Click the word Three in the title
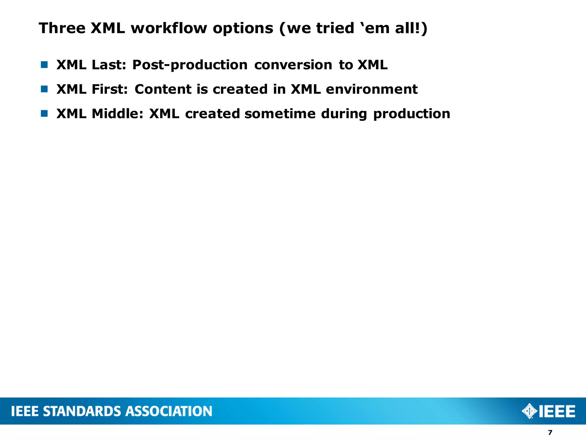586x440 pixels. coord(62,28)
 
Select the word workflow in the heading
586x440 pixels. coord(169,28)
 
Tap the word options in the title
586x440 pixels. coord(243,28)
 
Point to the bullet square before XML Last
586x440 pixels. coord(44,65)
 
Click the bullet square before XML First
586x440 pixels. coord(44,89)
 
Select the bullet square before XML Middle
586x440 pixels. coord(44,114)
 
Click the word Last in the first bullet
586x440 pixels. coord(108,65)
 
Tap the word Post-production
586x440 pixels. coord(190,65)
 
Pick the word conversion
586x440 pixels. coord(293,65)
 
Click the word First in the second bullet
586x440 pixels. coord(109,89)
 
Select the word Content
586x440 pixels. coord(163,89)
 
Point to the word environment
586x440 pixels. coord(371,89)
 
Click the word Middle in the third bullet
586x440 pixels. coord(117,114)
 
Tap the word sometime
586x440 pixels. coord(280,114)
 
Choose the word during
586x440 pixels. coord(344,114)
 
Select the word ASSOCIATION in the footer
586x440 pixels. coord(169,411)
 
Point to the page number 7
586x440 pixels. coord(550,433)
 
